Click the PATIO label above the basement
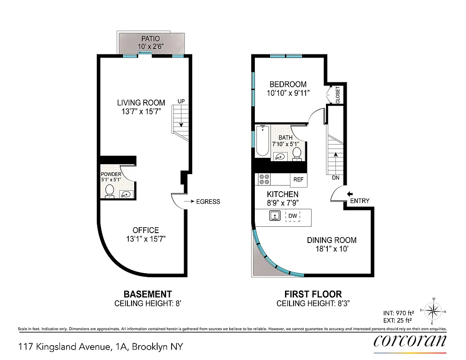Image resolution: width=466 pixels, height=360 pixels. click(151, 39)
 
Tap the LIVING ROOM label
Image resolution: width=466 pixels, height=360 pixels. click(141, 103)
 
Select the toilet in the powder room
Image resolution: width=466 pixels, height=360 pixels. click(109, 192)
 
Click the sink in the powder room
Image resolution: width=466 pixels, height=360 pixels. click(127, 194)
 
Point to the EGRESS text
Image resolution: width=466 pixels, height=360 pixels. click(208, 202)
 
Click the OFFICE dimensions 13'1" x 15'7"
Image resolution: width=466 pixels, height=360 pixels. click(145, 238)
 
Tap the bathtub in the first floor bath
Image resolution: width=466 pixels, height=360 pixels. click(262, 141)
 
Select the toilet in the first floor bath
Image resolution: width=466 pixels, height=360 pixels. click(297, 153)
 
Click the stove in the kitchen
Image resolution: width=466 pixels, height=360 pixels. click(264, 180)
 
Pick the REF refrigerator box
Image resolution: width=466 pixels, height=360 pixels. click(299, 180)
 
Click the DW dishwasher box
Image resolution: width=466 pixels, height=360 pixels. click(293, 216)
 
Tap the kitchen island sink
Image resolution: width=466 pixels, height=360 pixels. click(275, 216)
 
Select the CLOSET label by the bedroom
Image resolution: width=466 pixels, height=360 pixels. click(338, 95)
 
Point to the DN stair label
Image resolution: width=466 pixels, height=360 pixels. click(335, 177)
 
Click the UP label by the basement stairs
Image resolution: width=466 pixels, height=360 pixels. click(181, 101)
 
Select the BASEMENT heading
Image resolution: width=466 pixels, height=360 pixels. click(148, 294)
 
